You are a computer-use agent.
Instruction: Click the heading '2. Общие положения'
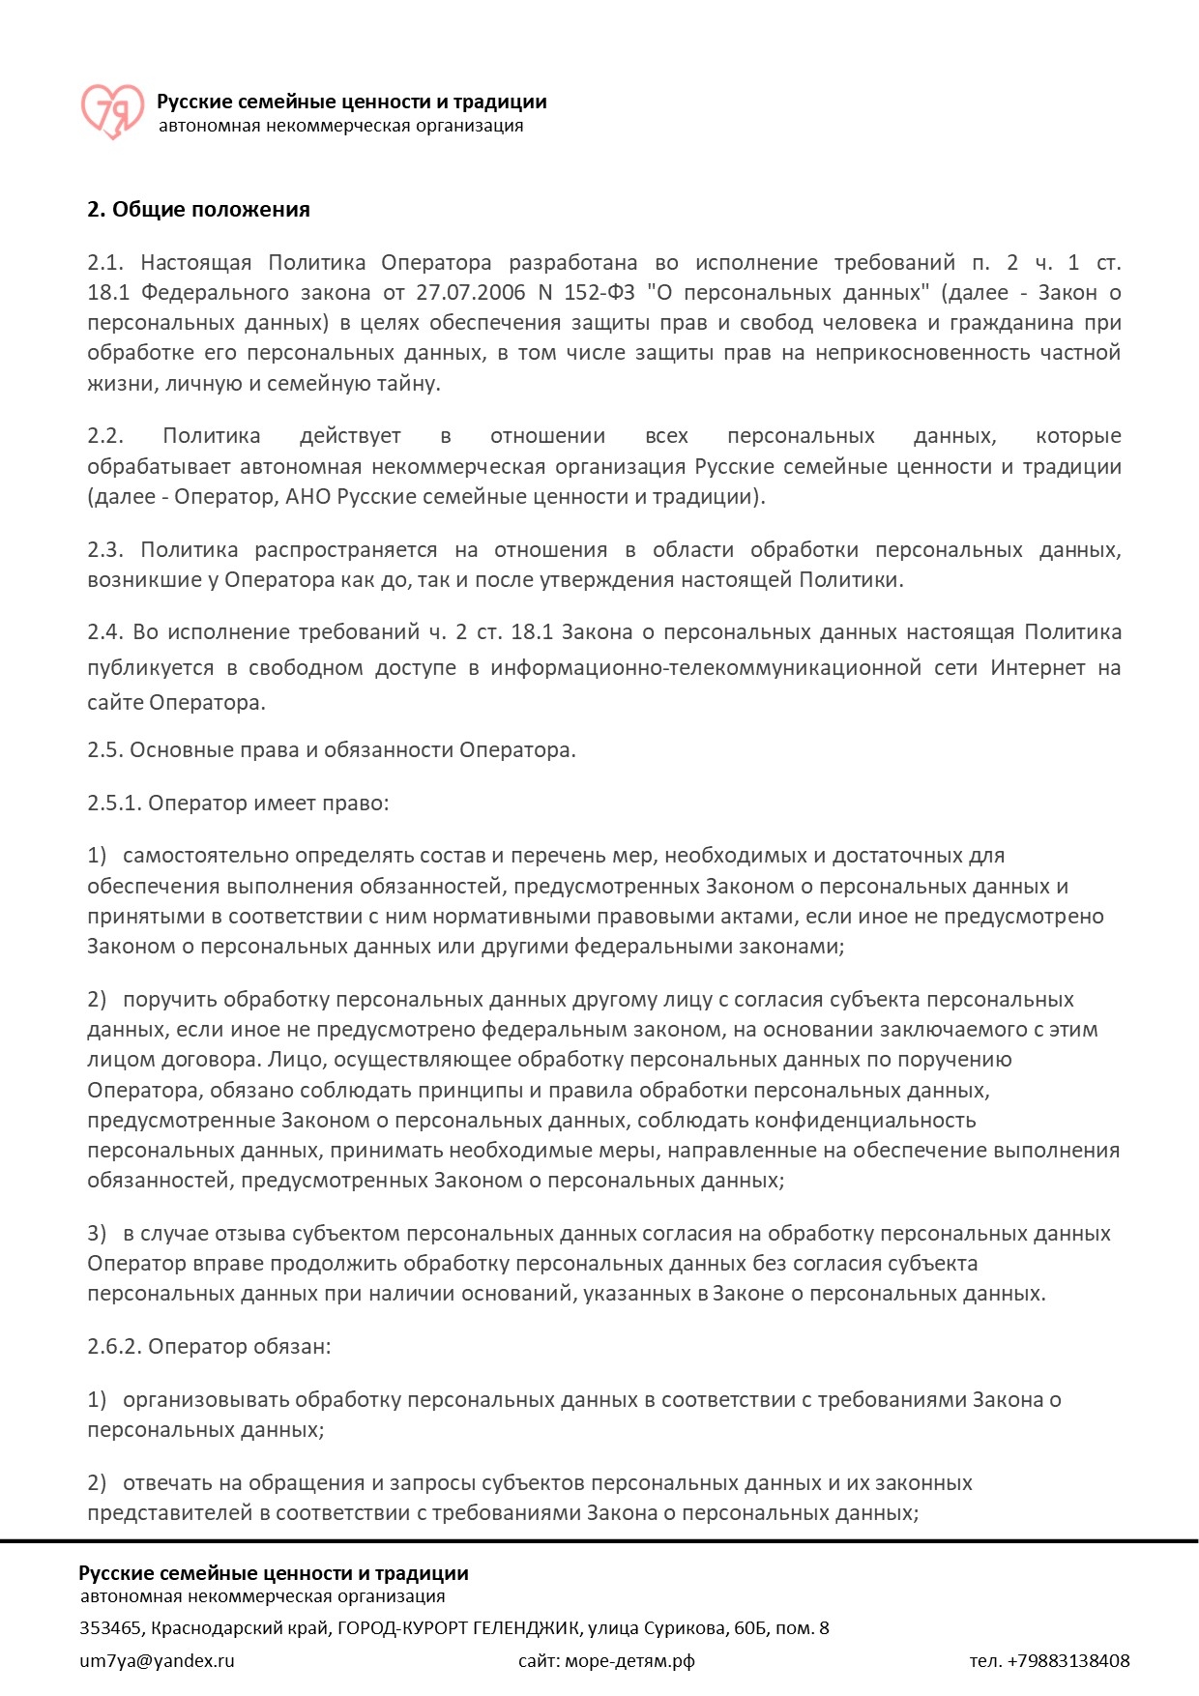pyautogui.click(x=198, y=210)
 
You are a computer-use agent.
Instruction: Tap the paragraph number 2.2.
pyautogui.click(x=105, y=436)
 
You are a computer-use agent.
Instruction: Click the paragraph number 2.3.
pyautogui.click(x=105, y=550)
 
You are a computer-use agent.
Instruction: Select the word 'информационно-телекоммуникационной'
pyautogui.click(x=705, y=668)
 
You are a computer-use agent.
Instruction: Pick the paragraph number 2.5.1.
pyautogui.click(x=113, y=804)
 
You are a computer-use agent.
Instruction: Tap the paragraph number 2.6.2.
pyautogui.click(x=113, y=1347)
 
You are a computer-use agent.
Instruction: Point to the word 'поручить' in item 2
pyautogui.click(x=169, y=1000)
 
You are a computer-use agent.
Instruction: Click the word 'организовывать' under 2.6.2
pyautogui.click(x=209, y=1400)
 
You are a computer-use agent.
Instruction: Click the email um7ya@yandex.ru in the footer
pyautogui.click(x=157, y=1661)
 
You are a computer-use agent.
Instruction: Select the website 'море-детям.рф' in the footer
pyautogui.click(x=629, y=1661)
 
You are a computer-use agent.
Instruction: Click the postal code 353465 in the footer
pyautogui.click(x=110, y=1628)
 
